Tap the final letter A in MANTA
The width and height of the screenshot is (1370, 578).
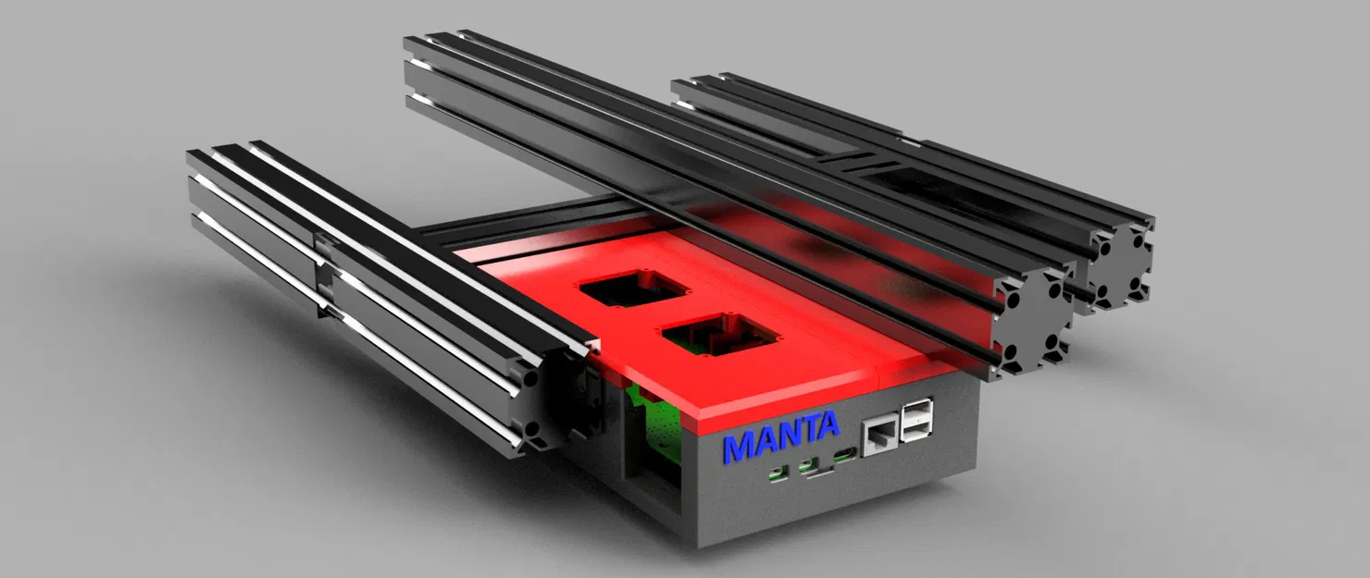[x=827, y=424]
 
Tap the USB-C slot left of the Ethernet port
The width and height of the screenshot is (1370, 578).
[x=845, y=455]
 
